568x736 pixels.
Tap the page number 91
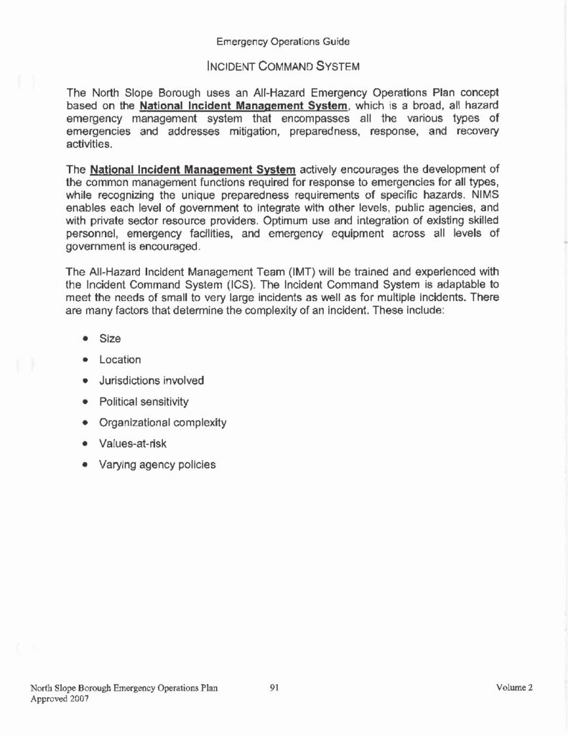274,688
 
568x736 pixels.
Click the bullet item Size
110,339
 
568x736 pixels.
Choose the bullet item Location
120,359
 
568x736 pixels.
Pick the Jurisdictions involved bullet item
152,380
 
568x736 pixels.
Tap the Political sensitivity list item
144,401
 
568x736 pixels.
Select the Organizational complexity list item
163,423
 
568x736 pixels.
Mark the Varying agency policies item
157,464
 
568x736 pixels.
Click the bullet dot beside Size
85,339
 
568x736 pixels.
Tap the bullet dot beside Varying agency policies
85,465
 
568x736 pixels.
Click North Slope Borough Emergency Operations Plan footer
124,688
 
